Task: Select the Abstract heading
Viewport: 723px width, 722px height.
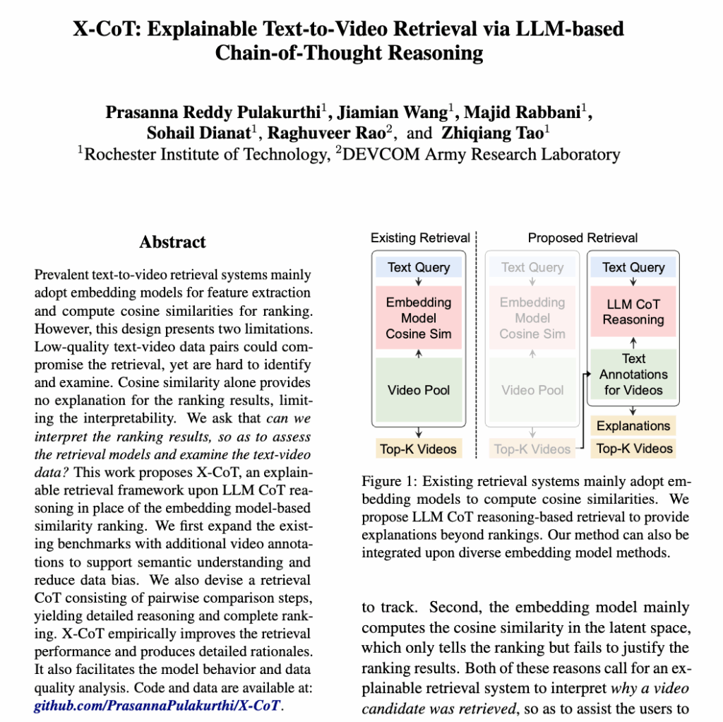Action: [172, 242]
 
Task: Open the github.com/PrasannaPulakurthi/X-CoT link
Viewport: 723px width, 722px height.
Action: [157, 704]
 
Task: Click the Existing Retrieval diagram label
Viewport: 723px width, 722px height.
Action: [420, 238]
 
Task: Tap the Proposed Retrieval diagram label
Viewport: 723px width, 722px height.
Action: [582, 238]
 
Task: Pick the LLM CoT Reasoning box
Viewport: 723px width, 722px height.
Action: [633, 312]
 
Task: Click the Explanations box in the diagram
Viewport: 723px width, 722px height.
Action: [633, 426]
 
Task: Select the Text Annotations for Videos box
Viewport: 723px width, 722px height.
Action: [633, 374]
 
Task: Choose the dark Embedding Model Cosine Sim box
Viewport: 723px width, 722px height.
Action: [419, 317]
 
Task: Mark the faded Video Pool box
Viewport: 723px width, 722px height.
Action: [532, 390]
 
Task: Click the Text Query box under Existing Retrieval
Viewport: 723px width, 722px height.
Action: [419, 267]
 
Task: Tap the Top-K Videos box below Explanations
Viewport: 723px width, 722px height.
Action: [633, 448]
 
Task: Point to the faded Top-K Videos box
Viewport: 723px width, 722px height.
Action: [532, 448]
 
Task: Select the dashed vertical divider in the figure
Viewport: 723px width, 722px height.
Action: [477, 339]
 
